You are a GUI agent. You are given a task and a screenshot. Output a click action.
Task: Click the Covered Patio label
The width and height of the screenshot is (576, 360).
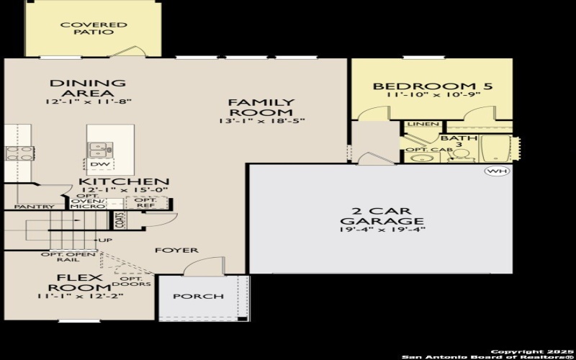tap(84, 28)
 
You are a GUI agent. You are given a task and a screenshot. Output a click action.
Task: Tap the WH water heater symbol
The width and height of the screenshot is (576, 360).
tap(495, 171)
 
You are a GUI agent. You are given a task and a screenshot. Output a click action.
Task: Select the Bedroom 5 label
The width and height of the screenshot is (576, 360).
tap(432, 86)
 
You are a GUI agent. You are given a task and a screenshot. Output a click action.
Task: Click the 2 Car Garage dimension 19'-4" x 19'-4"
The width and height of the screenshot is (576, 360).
tap(383, 230)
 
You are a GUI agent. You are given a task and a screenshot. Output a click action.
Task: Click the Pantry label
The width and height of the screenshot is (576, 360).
tap(24, 207)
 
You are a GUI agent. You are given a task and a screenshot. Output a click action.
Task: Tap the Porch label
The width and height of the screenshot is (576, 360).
tap(198, 296)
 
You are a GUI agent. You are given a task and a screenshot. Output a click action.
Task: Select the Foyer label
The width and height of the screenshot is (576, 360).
tap(176, 250)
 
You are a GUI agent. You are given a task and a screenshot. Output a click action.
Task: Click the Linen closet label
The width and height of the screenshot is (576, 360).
tap(423, 125)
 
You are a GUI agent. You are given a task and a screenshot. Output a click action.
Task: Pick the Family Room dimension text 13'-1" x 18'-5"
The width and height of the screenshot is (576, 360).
tap(261, 121)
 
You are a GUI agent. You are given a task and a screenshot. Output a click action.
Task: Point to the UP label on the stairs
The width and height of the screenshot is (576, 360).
tap(106, 240)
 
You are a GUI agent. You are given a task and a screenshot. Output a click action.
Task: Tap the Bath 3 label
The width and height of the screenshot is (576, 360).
tap(454, 141)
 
